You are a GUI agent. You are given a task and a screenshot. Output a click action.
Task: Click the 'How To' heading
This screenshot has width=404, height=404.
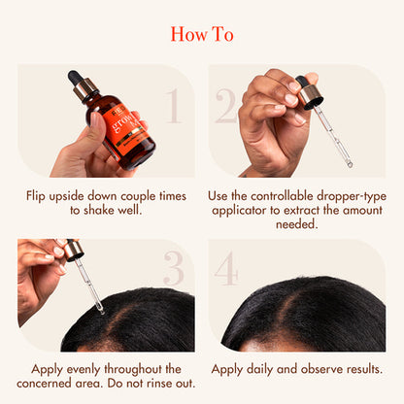202,34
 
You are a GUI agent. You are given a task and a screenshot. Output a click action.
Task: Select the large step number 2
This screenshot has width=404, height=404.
226,107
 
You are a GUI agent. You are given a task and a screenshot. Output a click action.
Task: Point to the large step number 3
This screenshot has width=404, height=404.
173,270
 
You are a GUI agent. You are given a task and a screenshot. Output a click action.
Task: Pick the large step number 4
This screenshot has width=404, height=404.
226,270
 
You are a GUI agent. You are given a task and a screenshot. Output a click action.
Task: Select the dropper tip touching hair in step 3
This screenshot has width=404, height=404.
100,309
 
